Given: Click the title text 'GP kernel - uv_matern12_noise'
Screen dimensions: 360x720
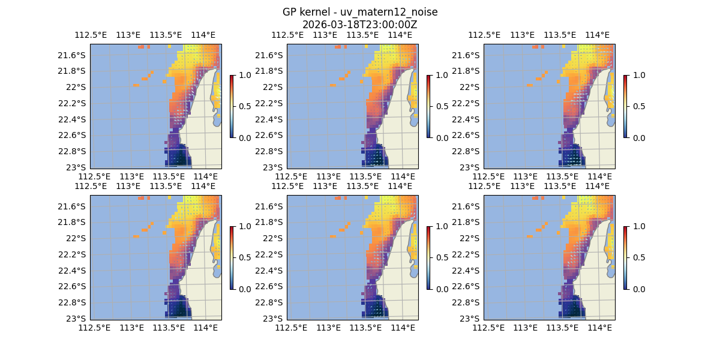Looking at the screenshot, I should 359,13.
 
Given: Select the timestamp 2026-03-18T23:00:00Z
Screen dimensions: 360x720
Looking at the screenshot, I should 359,25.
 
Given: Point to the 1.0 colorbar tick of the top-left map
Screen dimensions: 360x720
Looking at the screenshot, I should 242,75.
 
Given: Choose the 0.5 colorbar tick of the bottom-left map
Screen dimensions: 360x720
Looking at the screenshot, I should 242,257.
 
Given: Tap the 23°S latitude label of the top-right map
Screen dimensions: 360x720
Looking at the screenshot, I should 470,167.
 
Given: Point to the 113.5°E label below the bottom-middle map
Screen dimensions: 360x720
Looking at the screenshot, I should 365,328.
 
